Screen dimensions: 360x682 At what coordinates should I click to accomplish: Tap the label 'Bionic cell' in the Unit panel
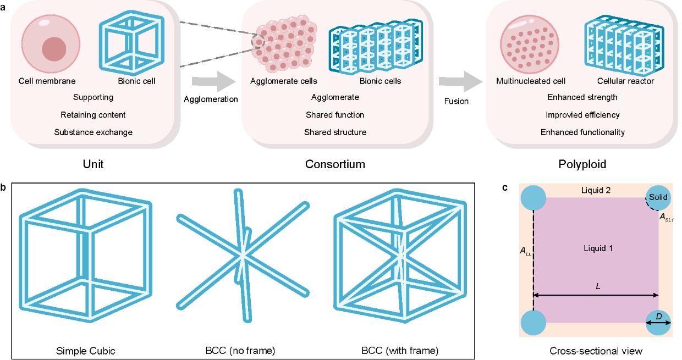click(x=137, y=81)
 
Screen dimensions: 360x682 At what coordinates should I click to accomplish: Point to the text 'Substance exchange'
click(x=94, y=132)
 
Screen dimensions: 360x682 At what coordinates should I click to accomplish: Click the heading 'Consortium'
click(x=335, y=164)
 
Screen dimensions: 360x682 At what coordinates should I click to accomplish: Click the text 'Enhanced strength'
click(x=582, y=97)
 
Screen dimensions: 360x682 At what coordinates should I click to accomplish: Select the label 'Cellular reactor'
click(x=626, y=81)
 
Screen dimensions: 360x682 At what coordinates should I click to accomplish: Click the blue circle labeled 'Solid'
click(x=658, y=197)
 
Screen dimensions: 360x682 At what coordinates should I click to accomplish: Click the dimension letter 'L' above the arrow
click(x=598, y=287)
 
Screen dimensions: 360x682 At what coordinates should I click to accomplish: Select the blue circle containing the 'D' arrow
click(x=658, y=323)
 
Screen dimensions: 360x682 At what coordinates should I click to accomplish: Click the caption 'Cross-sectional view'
click(x=596, y=351)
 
